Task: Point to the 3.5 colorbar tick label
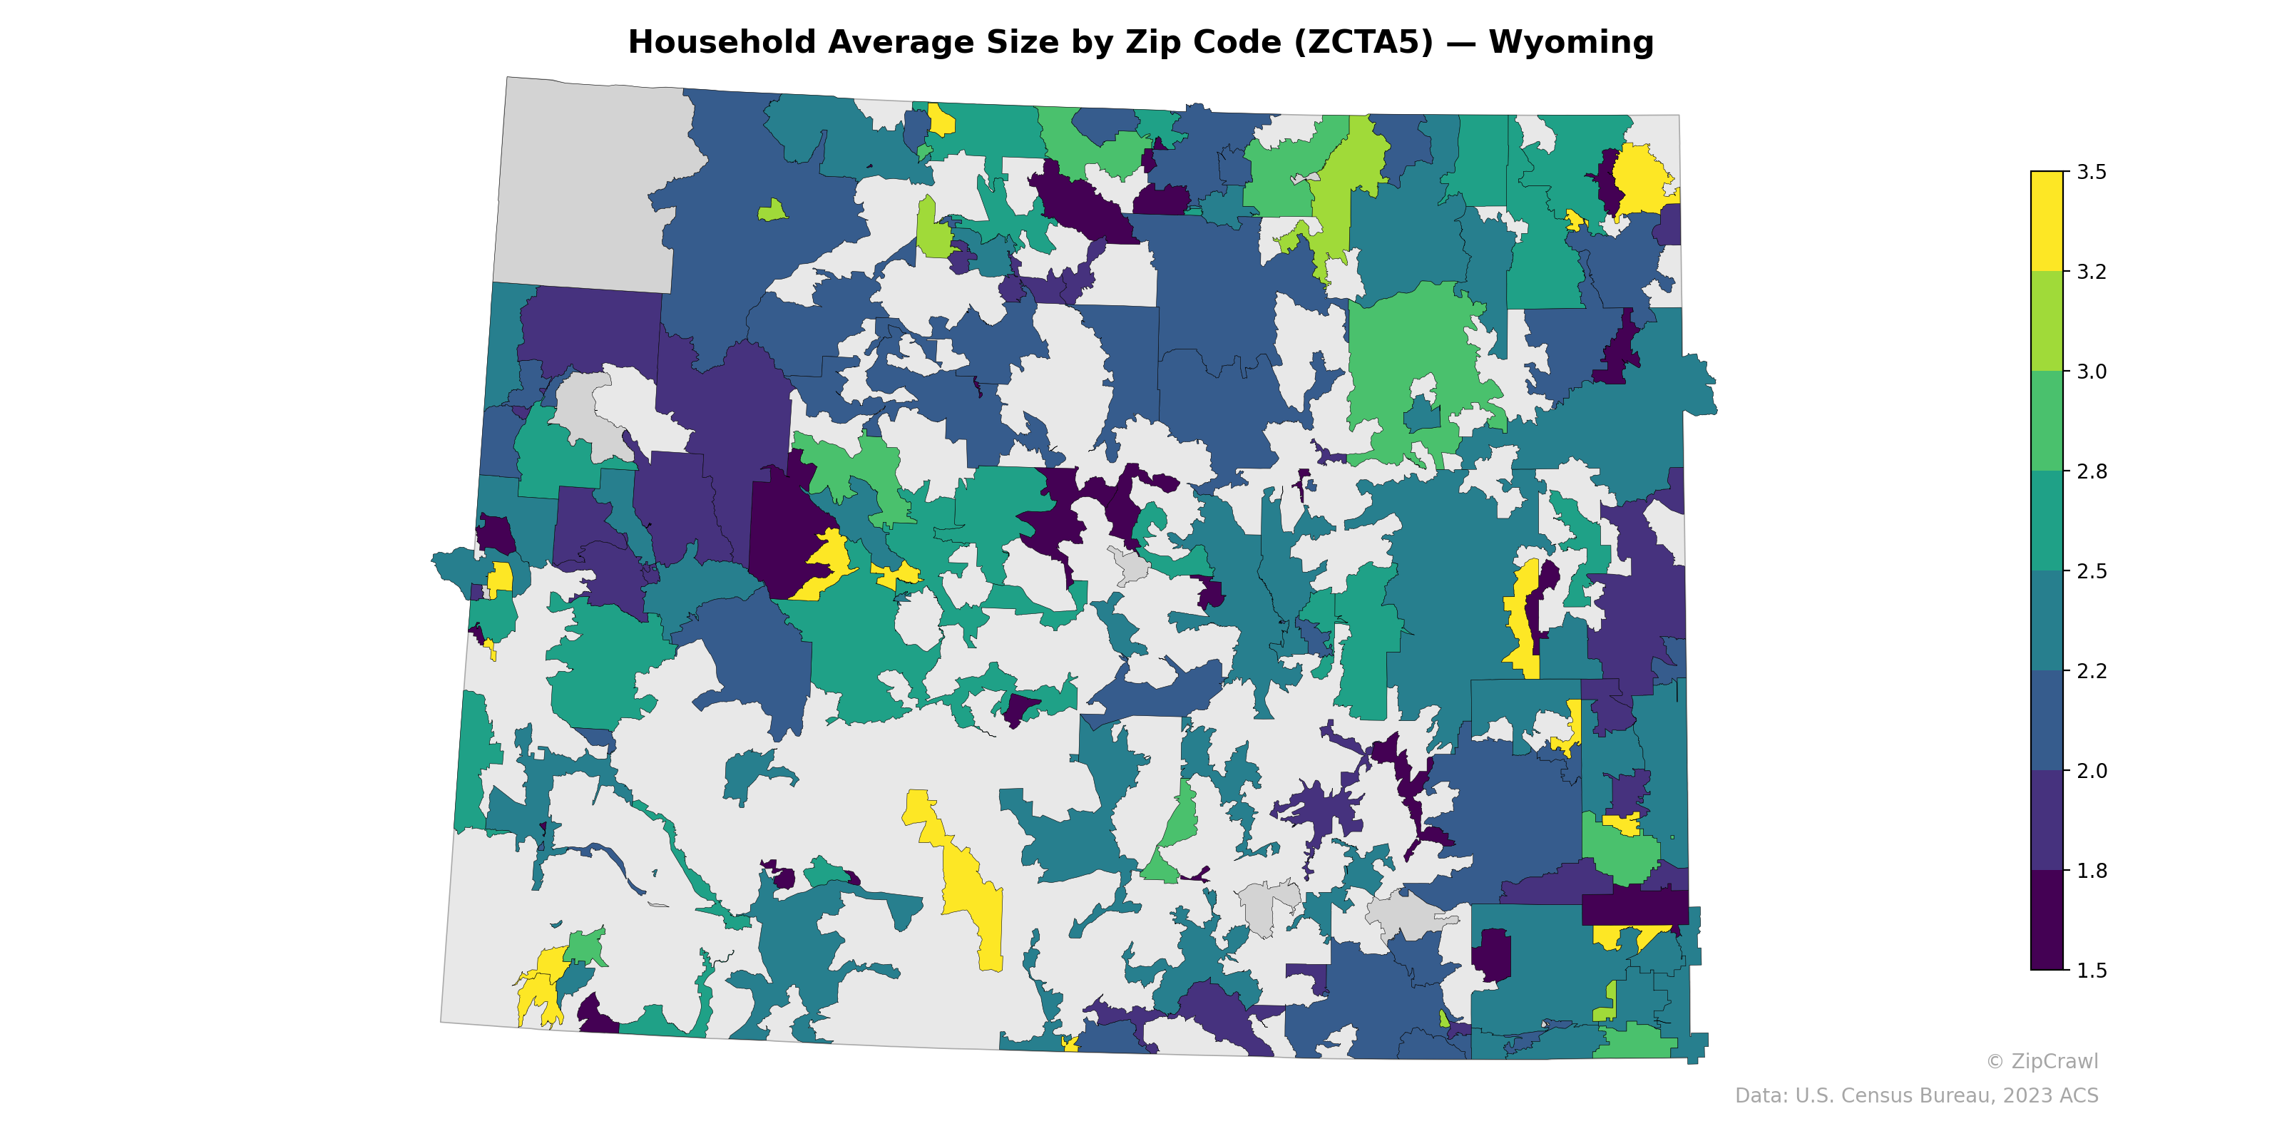point(2092,172)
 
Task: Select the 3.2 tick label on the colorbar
point(2092,272)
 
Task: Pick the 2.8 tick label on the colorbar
point(2092,471)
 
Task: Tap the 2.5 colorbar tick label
point(2092,571)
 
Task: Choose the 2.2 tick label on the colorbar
point(2092,670)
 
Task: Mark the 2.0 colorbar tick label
point(2092,771)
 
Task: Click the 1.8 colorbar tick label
point(2092,871)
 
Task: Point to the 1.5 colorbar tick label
point(2092,970)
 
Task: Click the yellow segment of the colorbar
point(2047,222)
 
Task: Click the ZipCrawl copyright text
point(2041,1061)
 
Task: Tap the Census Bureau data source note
point(1915,1096)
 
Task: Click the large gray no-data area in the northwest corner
point(589,186)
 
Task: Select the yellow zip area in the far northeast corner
point(1641,182)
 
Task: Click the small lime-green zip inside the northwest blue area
point(772,211)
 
